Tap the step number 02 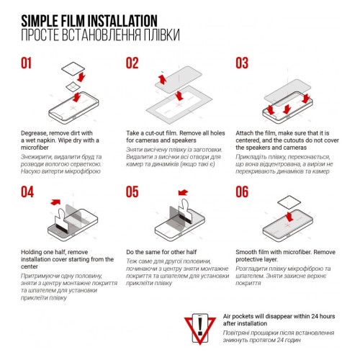point(132,63)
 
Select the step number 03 point(241,63)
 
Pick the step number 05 point(132,192)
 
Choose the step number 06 point(241,192)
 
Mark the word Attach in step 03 point(248,135)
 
